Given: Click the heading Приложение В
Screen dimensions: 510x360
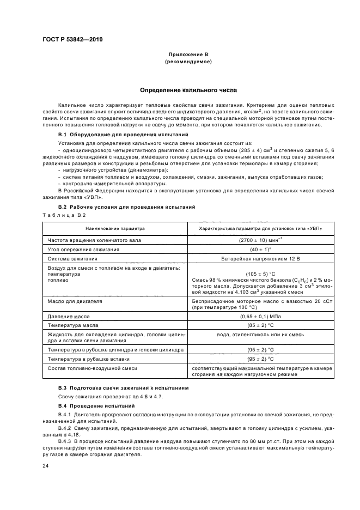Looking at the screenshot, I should pos(188,55).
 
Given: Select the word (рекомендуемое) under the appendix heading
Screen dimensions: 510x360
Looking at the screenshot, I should pos(188,62).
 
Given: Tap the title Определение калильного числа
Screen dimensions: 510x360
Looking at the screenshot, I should pos(188,90).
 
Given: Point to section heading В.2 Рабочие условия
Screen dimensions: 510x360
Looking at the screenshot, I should pos(126,207).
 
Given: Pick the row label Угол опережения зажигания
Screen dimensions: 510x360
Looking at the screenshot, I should pos(82,249).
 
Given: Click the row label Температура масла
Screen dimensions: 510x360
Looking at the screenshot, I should pos(72,325).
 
